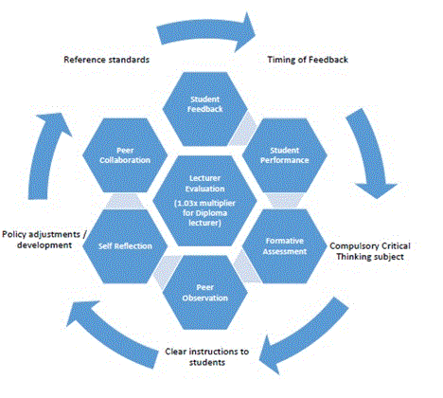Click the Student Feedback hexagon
point(205,109)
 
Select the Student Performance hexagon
point(285,155)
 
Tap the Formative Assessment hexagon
point(285,246)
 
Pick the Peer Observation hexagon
point(205,293)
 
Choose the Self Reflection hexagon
point(125,246)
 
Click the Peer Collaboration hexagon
point(125,155)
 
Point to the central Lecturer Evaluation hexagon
point(204,201)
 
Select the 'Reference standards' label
point(107,60)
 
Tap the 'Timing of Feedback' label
point(308,60)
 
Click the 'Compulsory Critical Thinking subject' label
point(370,251)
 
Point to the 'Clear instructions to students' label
point(207,356)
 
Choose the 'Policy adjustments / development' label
point(44,240)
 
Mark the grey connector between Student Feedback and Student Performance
point(243,130)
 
